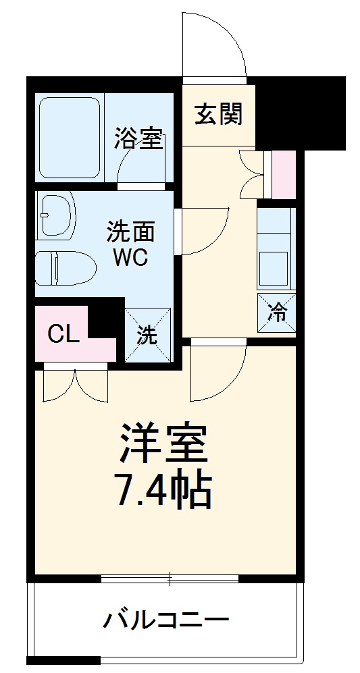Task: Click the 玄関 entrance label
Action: pos(218,114)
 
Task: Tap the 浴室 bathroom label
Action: pos(138,140)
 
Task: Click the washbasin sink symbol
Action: pos(56,215)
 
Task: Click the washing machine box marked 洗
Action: pos(148,335)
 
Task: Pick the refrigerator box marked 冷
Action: pos(276,313)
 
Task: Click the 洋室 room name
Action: pos(165,443)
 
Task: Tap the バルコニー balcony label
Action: pos(165,618)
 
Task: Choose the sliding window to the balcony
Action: pos(170,578)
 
